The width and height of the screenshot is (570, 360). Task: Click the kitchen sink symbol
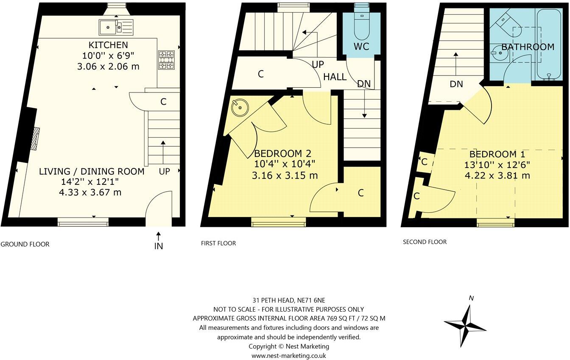coord(116,27)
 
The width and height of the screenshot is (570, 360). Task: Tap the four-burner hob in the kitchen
coord(166,60)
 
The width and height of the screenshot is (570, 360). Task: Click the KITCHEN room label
coord(108,45)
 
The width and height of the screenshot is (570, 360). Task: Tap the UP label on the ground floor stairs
coord(165,171)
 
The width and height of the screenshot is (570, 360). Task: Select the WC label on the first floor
coord(361,46)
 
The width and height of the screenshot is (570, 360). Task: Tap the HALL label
coord(335,77)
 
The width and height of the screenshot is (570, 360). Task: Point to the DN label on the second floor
coord(456,84)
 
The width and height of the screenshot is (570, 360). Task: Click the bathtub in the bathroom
coord(549,45)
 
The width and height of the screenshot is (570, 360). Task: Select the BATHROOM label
coord(528,47)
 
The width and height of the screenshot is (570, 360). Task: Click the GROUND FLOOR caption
coord(25,244)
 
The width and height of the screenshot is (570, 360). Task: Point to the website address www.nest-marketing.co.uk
coord(289,356)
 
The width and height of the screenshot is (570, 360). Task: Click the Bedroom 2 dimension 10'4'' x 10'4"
coord(285,164)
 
